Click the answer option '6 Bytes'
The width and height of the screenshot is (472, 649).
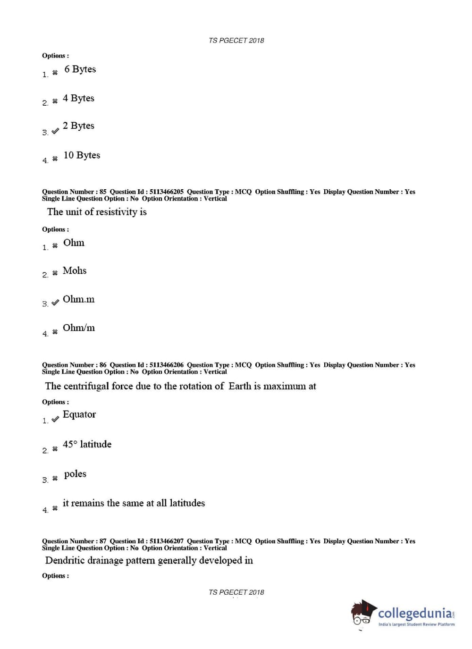pos(80,69)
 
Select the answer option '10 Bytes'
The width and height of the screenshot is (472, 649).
pos(82,155)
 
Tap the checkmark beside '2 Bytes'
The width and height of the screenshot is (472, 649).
pos(55,131)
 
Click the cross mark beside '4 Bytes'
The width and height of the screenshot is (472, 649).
pos(55,101)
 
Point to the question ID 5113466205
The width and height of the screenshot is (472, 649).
pos(166,192)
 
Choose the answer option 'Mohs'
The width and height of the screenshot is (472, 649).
pos(75,270)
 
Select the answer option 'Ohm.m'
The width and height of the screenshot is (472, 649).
pos(78,299)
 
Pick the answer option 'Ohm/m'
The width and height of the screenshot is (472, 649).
pos(78,328)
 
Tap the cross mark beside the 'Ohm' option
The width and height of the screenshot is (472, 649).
pos(55,245)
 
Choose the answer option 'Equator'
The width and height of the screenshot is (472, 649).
pos(79,414)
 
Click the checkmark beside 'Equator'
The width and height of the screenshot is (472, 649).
pos(55,419)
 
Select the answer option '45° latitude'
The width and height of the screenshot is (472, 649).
pos(87,444)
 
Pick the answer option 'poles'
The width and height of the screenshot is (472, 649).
pos(75,474)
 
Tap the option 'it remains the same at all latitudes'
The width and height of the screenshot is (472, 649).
pos(134,503)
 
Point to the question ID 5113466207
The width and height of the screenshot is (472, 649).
pos(166,541)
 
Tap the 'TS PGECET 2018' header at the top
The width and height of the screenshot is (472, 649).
pos(236,41)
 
